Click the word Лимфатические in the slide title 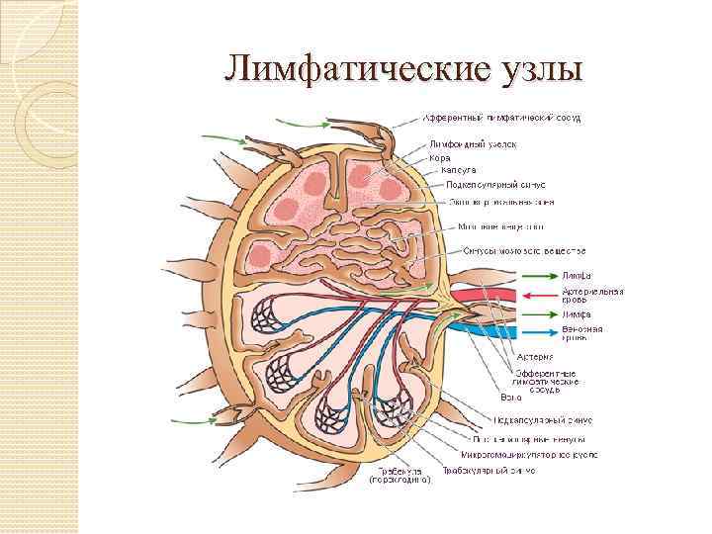tap(353, 69)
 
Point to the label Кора tap(440, 157)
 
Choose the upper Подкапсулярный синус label tap(496, 184)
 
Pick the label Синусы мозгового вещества tap(524, 248)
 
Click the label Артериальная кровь tap(593, 297)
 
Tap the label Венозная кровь tap(583, 333)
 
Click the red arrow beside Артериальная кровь tap(535, 294)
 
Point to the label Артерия tap(534, 356)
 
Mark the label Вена tap(511, 397)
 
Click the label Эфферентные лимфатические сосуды tap(544, 381)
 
